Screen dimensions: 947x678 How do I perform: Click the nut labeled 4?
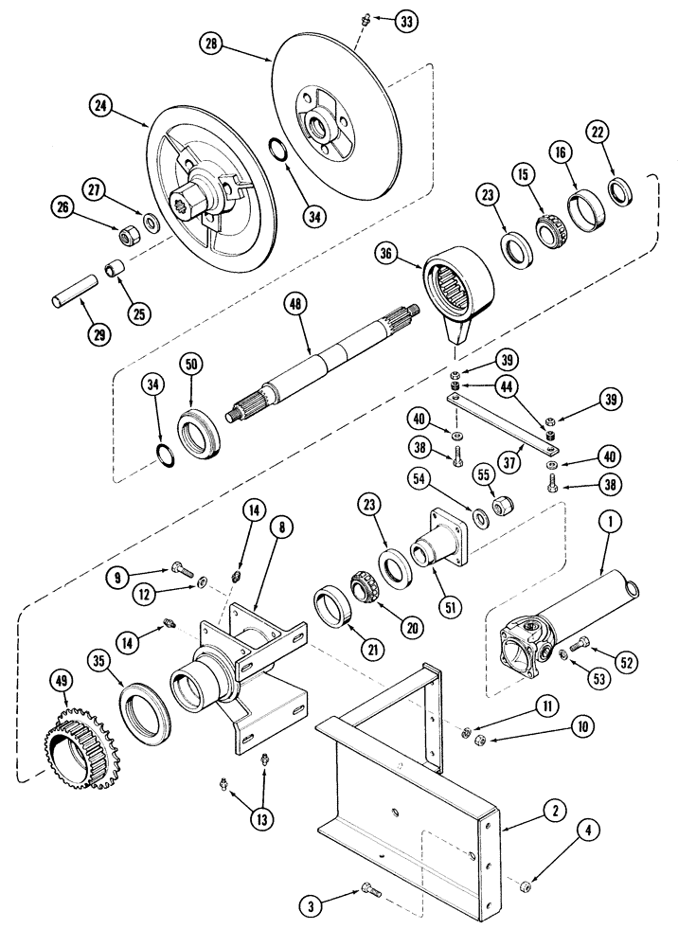click(526, 885)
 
